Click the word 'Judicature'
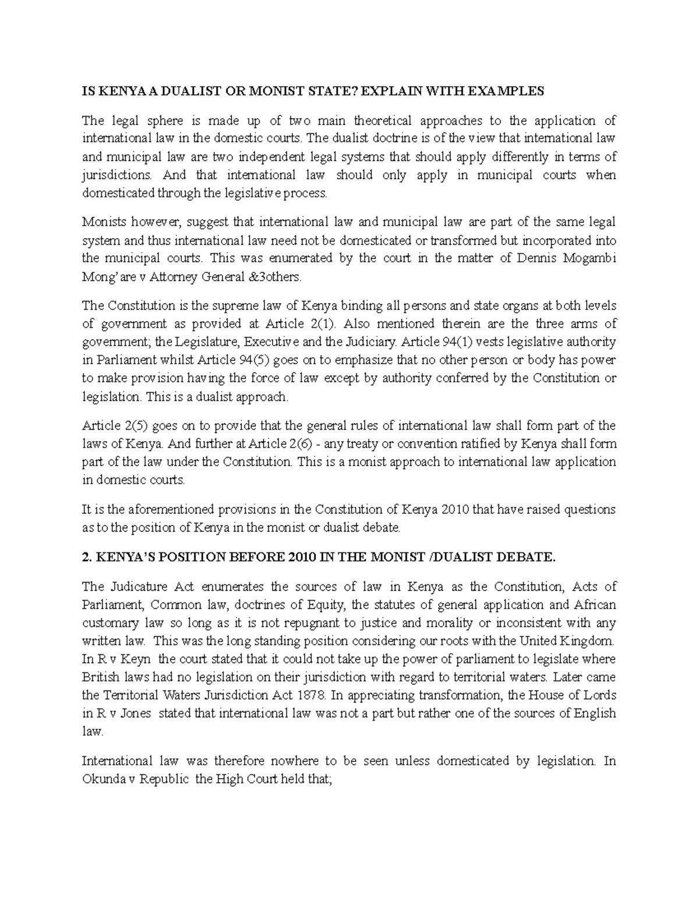(x=133, y=587)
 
